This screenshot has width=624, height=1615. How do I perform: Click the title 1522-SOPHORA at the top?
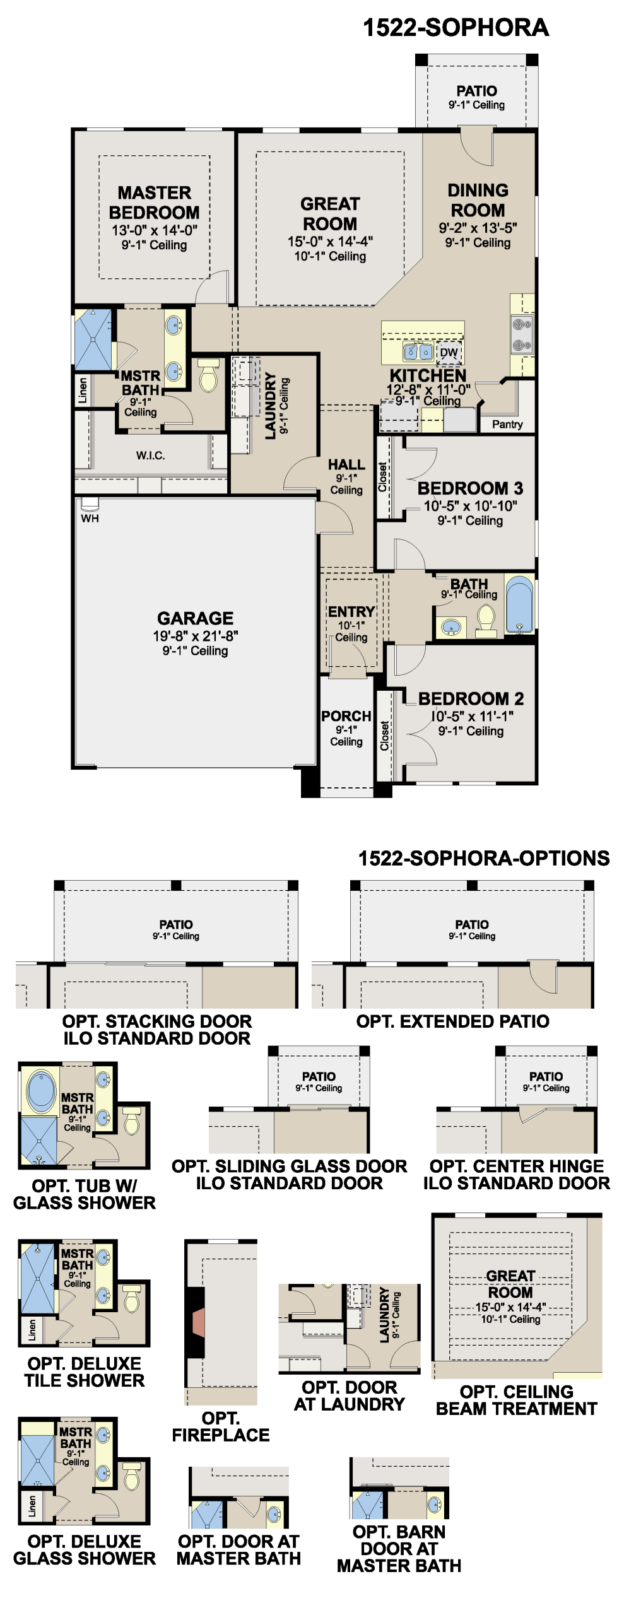click(x=456, y=28)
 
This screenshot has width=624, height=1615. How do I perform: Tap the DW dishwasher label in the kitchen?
click(x=449, y=353)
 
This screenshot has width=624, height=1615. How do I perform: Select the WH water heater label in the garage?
click(x=90, y=519)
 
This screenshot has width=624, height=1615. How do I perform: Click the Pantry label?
click(x=507, y=425)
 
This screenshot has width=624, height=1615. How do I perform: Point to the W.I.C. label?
click(x=150, y=455)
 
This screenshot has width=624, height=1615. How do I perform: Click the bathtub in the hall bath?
click(x=519, y=604)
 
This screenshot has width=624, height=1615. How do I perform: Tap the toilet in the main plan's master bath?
click(x=208, y=375)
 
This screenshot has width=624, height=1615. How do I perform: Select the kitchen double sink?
click(x=418, y=351)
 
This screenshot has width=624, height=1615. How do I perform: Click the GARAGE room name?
click(x=195, y=618)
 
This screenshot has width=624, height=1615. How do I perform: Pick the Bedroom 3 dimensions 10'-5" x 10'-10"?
click(x=470, y=506)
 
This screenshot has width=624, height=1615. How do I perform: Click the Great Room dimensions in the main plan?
click(x=330, y=242)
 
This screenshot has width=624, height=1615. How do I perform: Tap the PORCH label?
click(x=346, y=716)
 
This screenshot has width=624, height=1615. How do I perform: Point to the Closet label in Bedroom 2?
click(x=384, y=736)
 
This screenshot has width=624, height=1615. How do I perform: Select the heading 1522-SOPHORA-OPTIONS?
click(x=484, y=858)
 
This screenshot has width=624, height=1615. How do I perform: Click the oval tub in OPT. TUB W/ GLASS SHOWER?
click(x=42, y=1089)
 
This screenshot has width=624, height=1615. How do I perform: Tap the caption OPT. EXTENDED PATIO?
click(x=452, y=1021)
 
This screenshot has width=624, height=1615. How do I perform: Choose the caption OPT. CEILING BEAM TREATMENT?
click(x=516, y=1400)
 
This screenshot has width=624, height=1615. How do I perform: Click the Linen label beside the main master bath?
click(x=83, y=391)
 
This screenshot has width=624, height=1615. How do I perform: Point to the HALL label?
click(x=346, y=465)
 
